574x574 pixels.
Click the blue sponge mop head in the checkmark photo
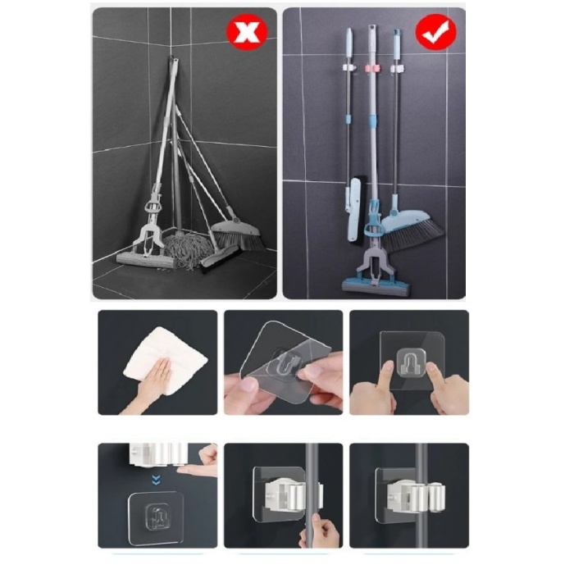point(377,285)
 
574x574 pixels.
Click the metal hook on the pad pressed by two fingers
point(408,362)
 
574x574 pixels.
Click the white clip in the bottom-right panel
point(409,493)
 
